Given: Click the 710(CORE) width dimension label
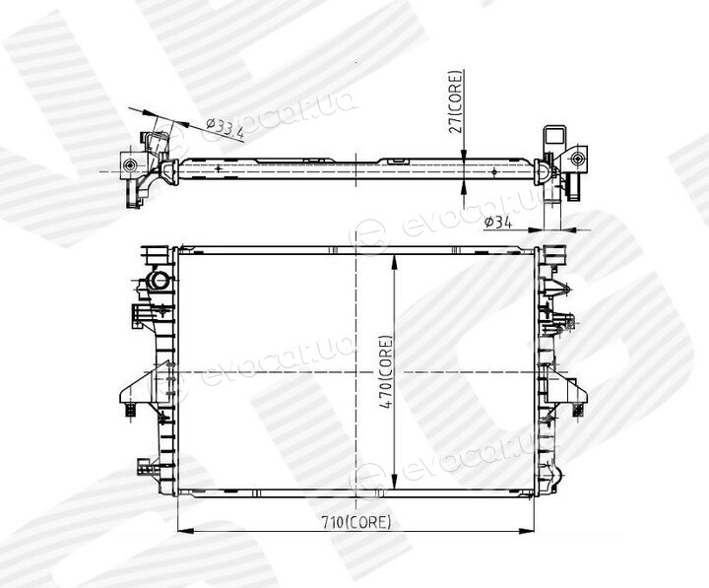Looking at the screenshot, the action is [x=355, y=522].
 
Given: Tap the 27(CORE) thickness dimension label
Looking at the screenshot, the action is [x=456, y=101].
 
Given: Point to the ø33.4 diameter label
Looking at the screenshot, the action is [x=225, y=128].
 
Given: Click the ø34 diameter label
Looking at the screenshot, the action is [x=498, y=223].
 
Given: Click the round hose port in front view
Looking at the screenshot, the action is [x=160, y=280].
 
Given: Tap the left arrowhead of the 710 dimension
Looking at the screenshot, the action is [x=186, y=531].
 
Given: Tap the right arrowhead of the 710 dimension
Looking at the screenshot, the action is [x=525, y=531].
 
